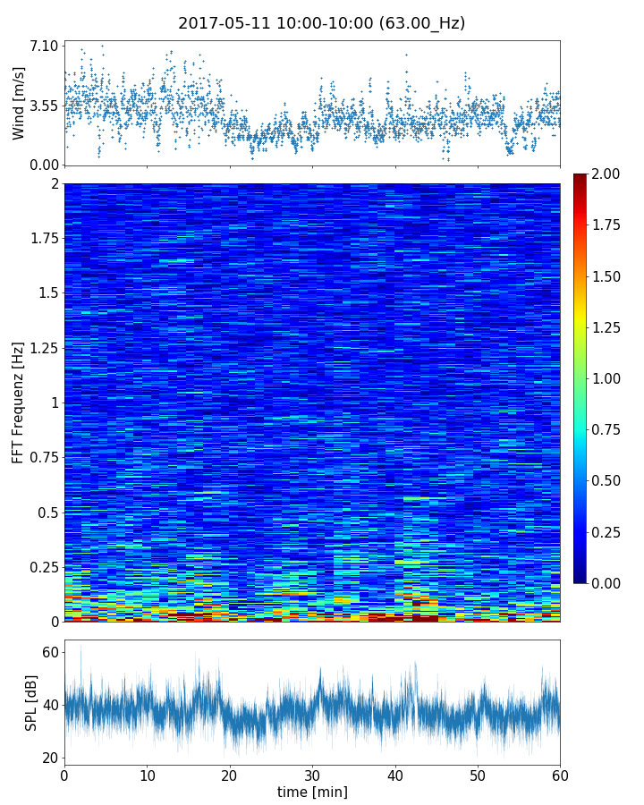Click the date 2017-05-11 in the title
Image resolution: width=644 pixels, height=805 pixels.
(x=219, y=24)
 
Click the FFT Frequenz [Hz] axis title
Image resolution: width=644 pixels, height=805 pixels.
(x=19, y=402)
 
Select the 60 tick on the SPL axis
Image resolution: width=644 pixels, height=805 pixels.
(x=50, y=653)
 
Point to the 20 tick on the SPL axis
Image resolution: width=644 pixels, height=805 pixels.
(x=50, y=758)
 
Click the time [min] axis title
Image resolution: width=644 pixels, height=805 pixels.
(x=312, y=792)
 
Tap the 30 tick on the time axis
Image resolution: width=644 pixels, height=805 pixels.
(x=312, y=775)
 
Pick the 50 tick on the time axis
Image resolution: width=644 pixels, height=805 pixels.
(x=478, y=775)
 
